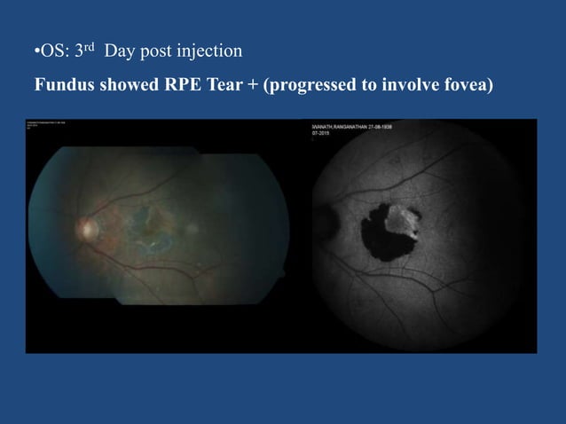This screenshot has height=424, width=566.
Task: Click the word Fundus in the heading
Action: [61, 87]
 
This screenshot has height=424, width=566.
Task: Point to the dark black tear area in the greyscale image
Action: [381, 235]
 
